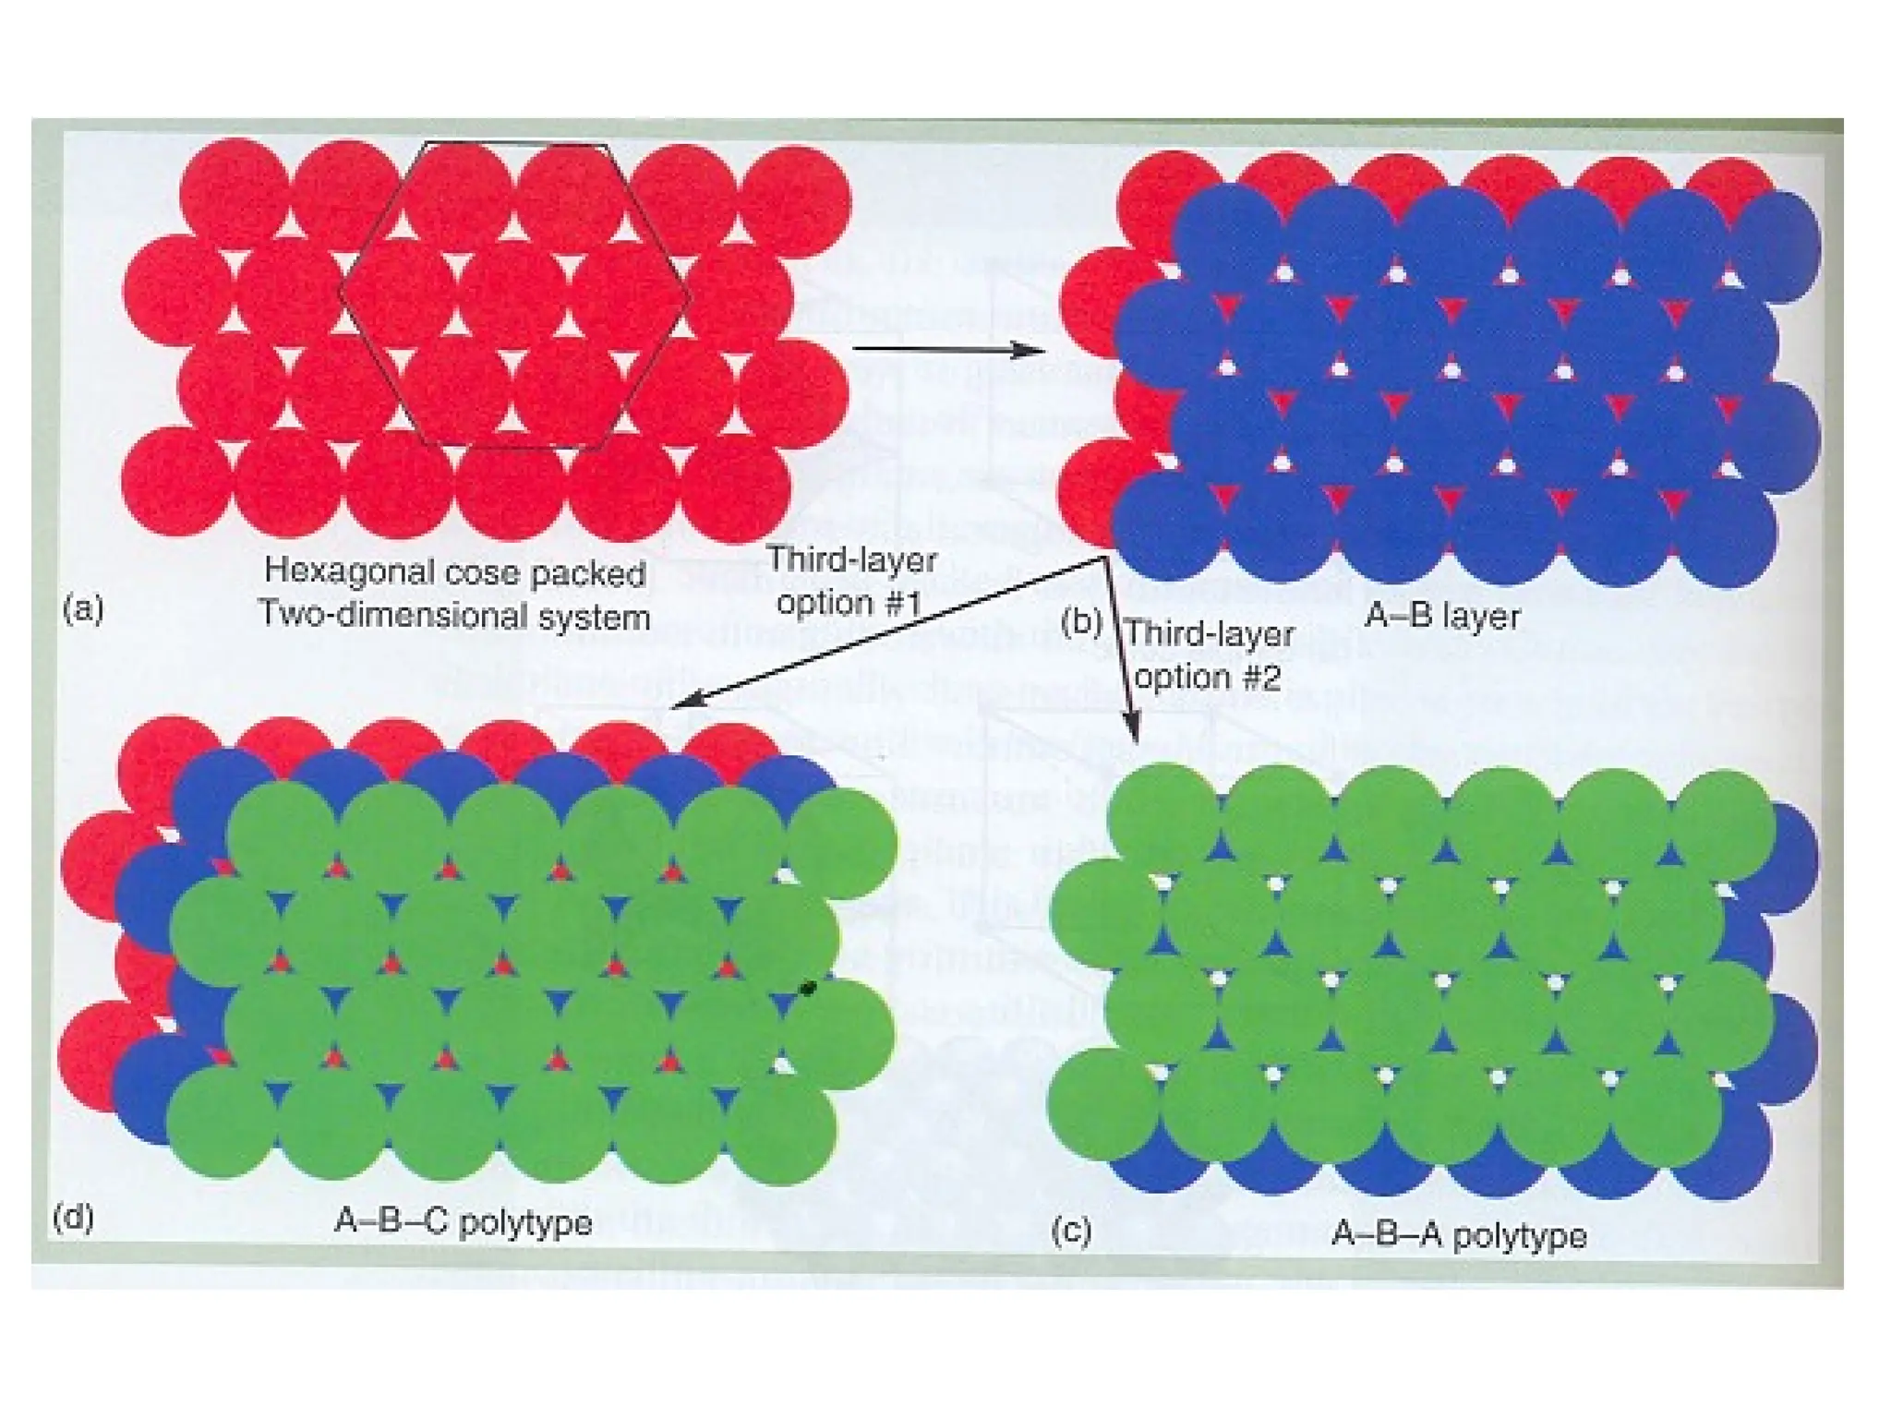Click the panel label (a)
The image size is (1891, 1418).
pyautogui.click(x=83, y=610)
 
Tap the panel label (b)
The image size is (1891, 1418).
pyautogui.click(x=1081, y=623)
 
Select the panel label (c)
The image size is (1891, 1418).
pyautogui.click(x=1071, y=1231)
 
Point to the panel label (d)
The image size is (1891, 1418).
pyautogui.click(x=73, y=1218)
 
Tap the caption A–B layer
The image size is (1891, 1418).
pyautogui.click(x=1441, y=616)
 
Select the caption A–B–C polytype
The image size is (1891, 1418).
pyautogui.click(x=463, y=1222)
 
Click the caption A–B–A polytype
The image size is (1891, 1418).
pyautogui.click(x=1459, y=1235)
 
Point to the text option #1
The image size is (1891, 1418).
pyautogui.click(x=849, y=603)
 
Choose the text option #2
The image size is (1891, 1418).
pyautogui.click(x=1207, y=678)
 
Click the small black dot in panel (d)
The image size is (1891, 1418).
pyautogui.click(x=808, y=989)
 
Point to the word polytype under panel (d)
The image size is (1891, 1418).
pyautogui.click(x=525, y=1222)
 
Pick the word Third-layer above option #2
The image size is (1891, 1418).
pyautogui.click(x=1210, y=635)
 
